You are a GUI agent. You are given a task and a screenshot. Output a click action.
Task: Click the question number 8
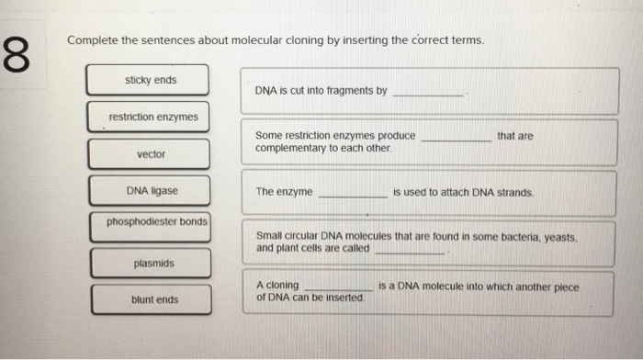tap(17, 54)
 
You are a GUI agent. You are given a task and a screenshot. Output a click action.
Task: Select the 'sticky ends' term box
tap(148, 80)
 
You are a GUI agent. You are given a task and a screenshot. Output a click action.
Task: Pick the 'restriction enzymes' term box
tap(149, 117)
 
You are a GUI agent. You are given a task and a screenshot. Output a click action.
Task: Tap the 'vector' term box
tap(149, 154)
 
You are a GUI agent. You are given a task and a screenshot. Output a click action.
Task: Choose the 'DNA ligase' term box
tap(150, 191)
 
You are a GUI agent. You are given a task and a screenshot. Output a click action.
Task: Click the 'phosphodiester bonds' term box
tap(151, 227)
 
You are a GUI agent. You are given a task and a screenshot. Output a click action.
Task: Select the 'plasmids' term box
tap(152, 264)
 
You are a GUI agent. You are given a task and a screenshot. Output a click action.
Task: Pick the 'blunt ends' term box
tap(152, 299)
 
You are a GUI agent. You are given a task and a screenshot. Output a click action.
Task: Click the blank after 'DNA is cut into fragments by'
tap(428, 96)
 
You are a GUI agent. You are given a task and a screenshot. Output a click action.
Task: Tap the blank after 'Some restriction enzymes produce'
tap(457, 141)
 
